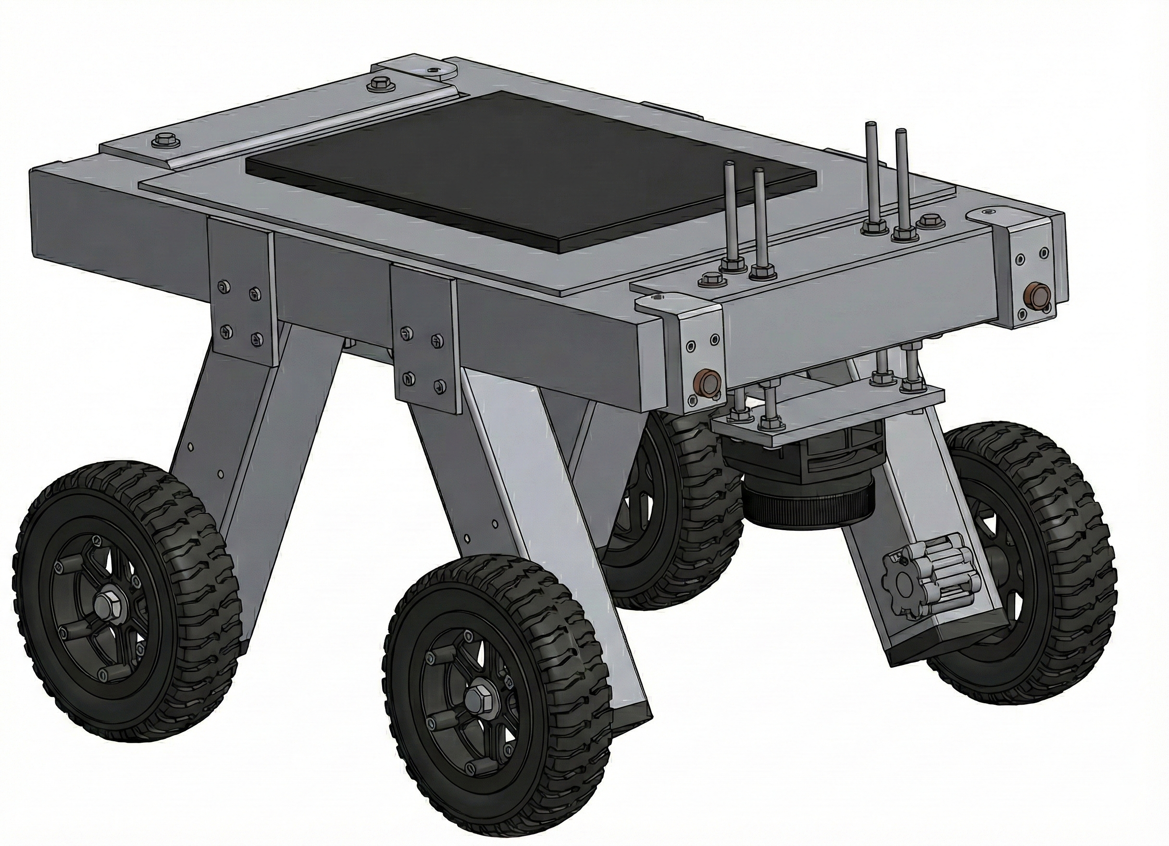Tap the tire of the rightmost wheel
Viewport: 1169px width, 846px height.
pos(1072,567)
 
